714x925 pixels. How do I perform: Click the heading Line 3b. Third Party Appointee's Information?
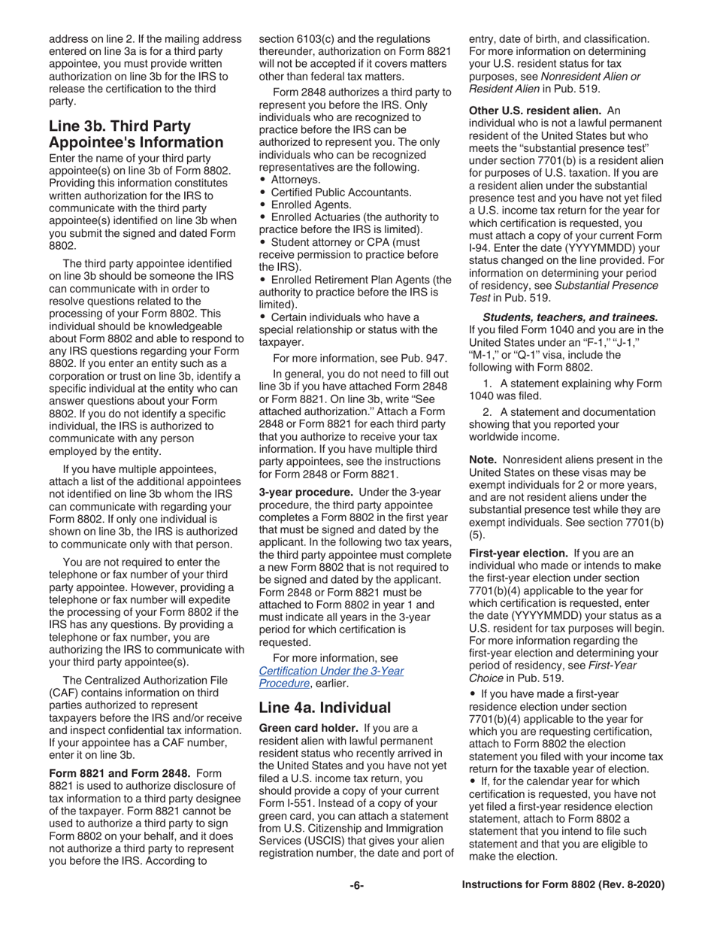click(x=135, y=134)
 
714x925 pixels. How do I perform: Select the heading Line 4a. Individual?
click(x=325, y=707)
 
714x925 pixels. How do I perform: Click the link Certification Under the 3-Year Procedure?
click(x=331, y=677)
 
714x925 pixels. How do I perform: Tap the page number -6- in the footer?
click(x=356, y=885)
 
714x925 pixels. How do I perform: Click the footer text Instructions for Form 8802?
click(x=563, y=885)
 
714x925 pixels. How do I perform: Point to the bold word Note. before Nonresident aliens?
click(x=483, y=459)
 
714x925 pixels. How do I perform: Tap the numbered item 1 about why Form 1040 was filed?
click(x=572, y=390)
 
